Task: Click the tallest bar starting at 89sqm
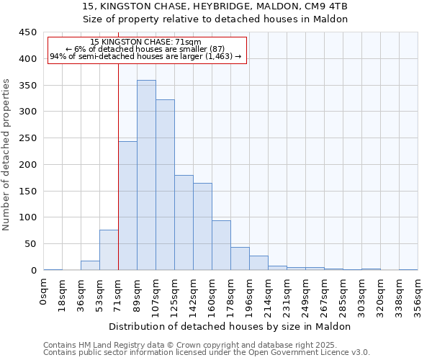[x=146, y=175]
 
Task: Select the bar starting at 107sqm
[x=165, y=185]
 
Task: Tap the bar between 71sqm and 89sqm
[x=127, y=206]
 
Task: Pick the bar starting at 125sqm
[x=184, y=222]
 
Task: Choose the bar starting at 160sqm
[x=221, y=246]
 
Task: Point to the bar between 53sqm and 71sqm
[x=109, y=250]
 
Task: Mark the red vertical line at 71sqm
[x=118, y=166]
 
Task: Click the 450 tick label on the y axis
[x=28, y=32]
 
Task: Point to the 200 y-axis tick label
[x=28, y=165]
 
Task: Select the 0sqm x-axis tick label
[x=44, y=292]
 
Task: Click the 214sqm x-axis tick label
[x=268, y=296]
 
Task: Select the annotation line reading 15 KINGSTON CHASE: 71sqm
[x=146, y=42]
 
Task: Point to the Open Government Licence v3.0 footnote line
[x=207, y=353]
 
